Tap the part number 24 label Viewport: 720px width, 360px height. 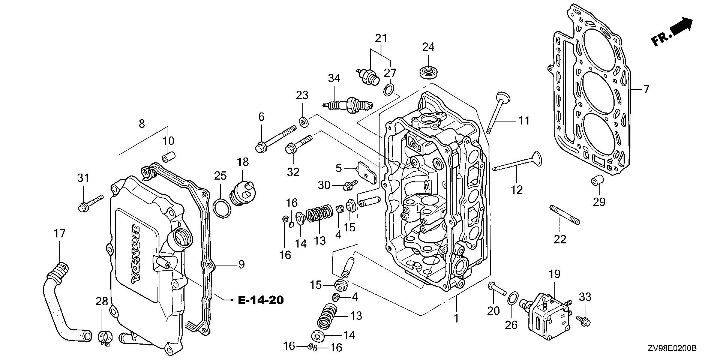pos(428,47)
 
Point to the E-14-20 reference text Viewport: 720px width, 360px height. pos(260,300)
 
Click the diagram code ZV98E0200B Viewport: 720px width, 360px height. pos(671,349)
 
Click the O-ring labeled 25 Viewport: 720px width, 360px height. pos(221,208)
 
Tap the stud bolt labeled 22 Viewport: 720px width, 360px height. pos(565,215)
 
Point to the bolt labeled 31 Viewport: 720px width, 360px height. pos(90,203)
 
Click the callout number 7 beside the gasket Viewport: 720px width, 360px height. pos(646,89)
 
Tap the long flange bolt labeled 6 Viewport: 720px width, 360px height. pos(275,139)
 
